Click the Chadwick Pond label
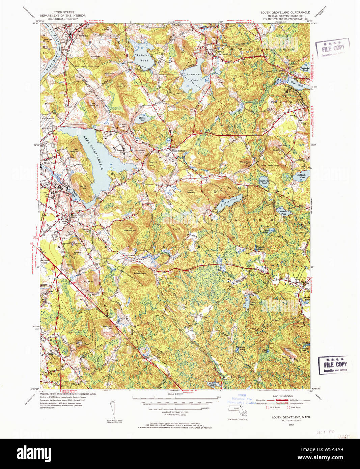click(141, 58)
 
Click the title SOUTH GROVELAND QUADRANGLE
click(285, 12)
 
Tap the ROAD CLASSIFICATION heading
click(283, 396)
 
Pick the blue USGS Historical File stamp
click(242, 399)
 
